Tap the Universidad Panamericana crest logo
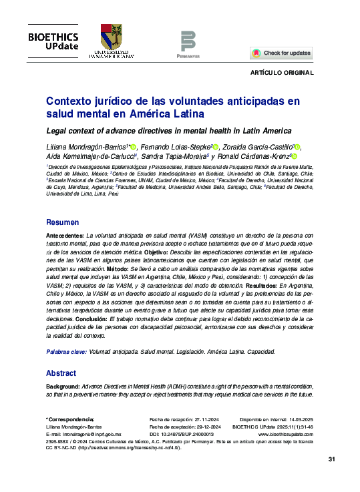click(111, 41)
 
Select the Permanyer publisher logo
click(188, 43)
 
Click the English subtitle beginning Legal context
click(160, 131)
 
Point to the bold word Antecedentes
click(65, 237)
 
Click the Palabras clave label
click(65, 351)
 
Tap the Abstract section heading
click(61, 373)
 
